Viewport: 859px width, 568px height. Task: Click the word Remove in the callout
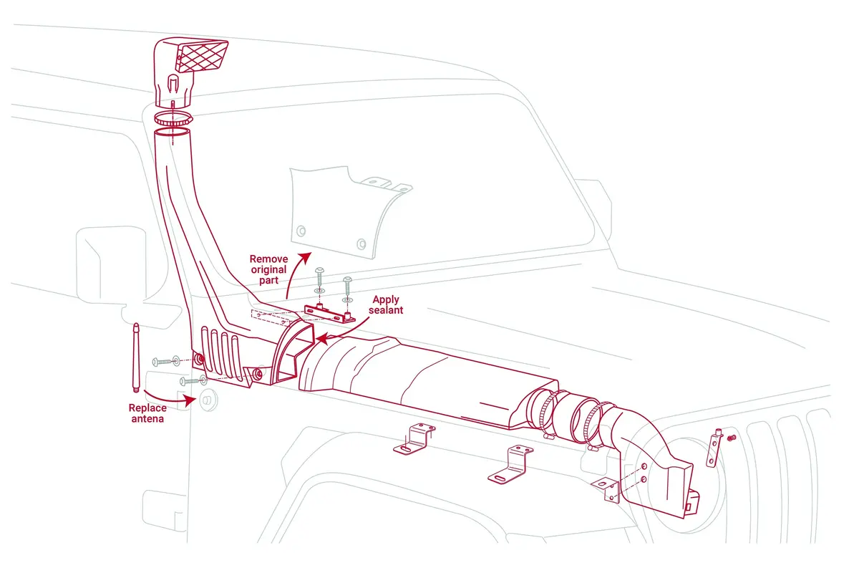click(x=268, y=259)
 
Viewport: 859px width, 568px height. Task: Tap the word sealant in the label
click(x=385, y=310)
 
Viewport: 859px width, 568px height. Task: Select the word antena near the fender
click(x=147, y=419)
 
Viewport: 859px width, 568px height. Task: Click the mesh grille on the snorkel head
click(x=202, y=57)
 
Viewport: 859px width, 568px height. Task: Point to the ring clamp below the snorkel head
click(x=173, y=118)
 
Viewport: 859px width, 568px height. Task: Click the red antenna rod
click(x=136, y=357)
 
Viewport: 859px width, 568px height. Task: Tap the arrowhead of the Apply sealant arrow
click(x=321, y=339)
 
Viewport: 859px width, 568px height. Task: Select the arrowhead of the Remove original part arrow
click(x=306, y=258)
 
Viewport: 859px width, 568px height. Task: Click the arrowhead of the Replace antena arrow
click(x=190, y=400)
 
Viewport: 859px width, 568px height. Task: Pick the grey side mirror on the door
click(x=111, y=265)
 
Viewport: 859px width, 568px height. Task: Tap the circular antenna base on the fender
click(x=209, y=400)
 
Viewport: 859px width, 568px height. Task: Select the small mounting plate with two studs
click(x=329, y=314)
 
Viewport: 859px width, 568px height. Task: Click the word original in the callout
click(x=268, y=269)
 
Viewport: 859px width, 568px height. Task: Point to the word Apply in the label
click(x=386, y=299)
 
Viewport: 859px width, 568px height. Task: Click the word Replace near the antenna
click(x=147, y=408)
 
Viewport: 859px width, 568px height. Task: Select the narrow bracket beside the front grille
click(x=714, y=448)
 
